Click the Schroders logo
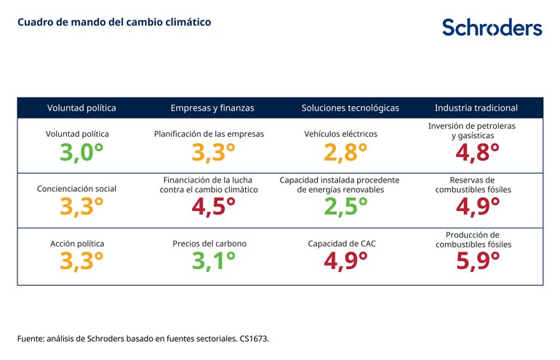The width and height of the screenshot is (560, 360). (x=492, y=27)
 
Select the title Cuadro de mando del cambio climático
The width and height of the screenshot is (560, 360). (x=114, y=22)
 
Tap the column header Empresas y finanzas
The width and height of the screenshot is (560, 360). (x=212, y=108)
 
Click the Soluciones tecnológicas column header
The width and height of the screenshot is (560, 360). (x=350, y=108)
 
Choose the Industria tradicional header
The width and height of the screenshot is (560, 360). (x=476, y=108)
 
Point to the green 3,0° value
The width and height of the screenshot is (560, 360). (x=81, y=153)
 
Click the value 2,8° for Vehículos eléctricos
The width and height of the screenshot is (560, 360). (x=345, y=153)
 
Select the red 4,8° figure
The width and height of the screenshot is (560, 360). (x=477, y=153)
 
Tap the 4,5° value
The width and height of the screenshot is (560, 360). (x=213, y=207)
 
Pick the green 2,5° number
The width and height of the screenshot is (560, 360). (x=345, y=207)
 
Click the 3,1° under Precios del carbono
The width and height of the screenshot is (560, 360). (x=213, y=261)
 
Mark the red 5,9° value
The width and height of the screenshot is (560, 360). (x=477, y=261)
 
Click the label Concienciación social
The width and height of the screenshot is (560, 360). (x=76, y=188)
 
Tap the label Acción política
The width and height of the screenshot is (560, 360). (x=77, y=244)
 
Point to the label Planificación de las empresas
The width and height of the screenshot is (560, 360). (x=209, y=134)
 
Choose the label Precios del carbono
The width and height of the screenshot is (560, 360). (x=209, y=244)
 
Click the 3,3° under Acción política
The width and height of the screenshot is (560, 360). (x=81, y=261)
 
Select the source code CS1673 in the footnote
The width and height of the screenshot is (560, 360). (x=254, y=339)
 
